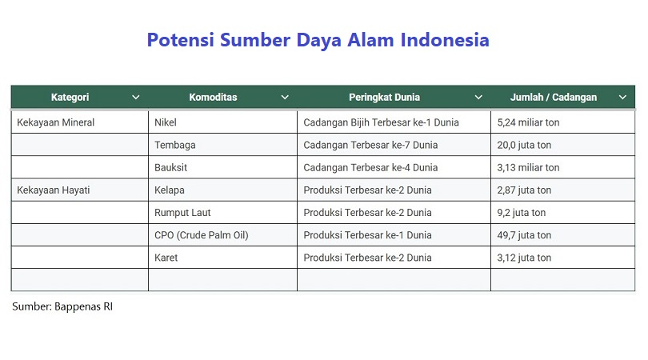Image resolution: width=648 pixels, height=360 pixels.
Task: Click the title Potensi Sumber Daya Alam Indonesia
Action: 318,40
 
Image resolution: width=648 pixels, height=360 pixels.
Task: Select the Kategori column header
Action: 70,97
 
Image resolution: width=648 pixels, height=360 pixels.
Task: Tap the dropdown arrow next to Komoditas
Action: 285,98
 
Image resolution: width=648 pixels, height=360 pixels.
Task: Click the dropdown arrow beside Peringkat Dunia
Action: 478,98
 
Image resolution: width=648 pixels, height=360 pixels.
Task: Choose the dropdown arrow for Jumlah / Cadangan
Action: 622,98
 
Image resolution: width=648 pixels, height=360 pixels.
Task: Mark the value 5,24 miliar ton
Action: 528,122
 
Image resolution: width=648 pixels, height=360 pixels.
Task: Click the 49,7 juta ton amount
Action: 524,235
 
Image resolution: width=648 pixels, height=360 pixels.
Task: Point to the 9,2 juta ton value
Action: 521,213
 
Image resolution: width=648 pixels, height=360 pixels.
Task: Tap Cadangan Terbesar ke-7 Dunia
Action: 370,145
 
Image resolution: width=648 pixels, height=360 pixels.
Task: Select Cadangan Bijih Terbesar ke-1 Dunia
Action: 381,122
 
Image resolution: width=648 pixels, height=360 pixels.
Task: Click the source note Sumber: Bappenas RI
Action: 62,306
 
